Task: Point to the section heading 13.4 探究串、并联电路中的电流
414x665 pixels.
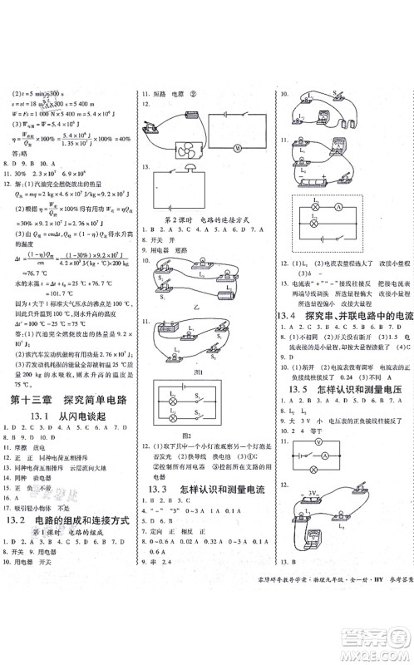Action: (x=342, y=316)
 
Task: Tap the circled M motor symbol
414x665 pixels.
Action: (x=258, y=148)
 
